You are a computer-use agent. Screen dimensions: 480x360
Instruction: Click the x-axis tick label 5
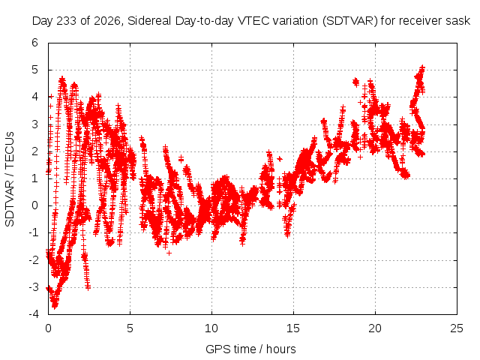click(x=130, y=328)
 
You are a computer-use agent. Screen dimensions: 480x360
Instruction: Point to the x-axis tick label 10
click(x=211, y=328)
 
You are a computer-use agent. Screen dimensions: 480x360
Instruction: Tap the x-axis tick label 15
click(x=293, y=328)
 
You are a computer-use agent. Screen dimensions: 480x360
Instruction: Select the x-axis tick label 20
click(x=375, y=328)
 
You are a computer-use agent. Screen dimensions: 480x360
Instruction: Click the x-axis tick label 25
click(x=457, y=328)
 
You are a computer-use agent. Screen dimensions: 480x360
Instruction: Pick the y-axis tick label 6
click(x=35, y=43)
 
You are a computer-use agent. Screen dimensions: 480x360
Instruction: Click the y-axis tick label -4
click(x=33, y=314)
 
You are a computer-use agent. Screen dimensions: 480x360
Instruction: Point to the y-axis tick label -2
click(x=33, y=260)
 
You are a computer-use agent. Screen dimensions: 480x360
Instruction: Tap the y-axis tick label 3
click(x=35, y=124)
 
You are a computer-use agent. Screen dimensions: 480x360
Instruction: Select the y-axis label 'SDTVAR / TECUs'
click(x=10, y=179)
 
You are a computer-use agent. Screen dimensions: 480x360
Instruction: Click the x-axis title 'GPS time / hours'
click(x=250, y=349)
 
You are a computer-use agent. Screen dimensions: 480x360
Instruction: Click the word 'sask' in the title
click(x=458, y=21)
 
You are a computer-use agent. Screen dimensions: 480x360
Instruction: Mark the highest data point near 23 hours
click(x=422, y=67)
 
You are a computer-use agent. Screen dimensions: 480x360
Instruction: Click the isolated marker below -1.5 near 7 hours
click(x=169, y=253)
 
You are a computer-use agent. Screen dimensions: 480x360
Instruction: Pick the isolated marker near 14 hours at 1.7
click(x=280, y=159)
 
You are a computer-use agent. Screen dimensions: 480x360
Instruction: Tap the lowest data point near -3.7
click(x=55, y=307)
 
